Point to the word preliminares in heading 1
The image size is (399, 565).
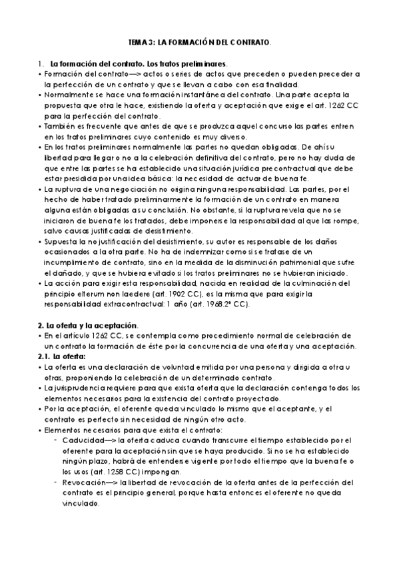(x=204, y=63)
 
